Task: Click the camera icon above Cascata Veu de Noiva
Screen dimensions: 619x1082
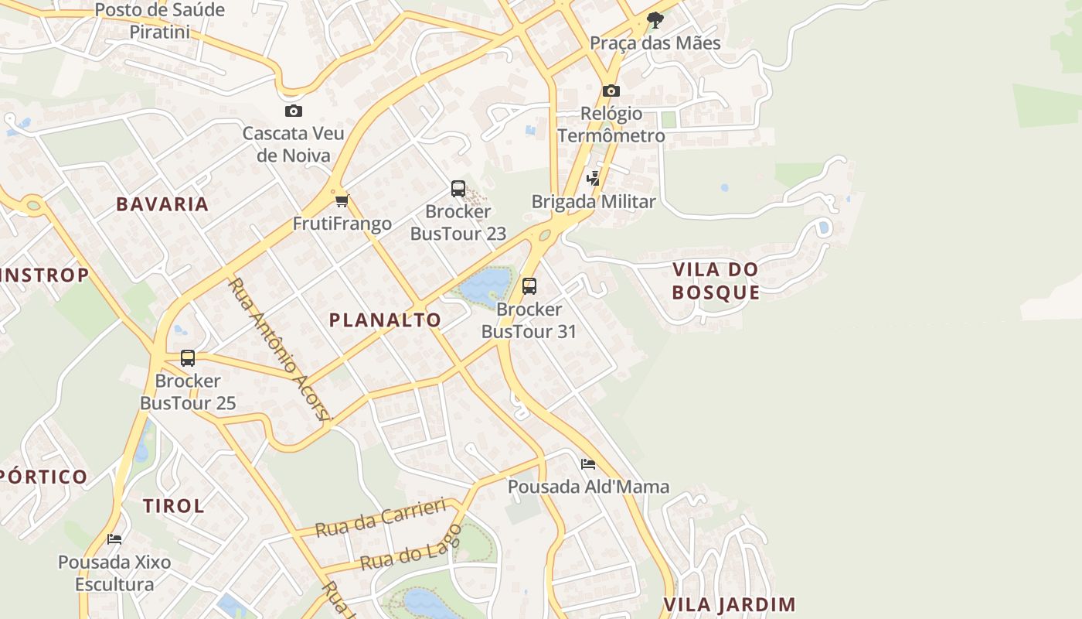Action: tap(294, 111)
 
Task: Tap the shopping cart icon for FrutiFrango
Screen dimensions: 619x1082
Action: tap(342, 201)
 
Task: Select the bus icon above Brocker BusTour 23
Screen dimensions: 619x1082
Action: tap(458, 189)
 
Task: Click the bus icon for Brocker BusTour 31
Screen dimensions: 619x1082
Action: tap(529, 286)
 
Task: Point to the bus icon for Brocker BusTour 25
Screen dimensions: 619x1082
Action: tap(188, 358)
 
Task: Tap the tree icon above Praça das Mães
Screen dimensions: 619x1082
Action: tap(655, 19)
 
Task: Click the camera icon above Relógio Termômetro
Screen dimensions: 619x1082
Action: tap(611, 91)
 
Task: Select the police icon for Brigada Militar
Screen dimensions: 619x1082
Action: tap(593, 179)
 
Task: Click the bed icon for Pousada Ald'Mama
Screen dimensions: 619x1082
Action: tap(588, 464)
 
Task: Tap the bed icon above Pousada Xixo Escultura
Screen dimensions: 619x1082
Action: tap(114, 539)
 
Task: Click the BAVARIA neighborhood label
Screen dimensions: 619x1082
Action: tap(162, 204)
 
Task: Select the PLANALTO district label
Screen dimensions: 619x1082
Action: tap(385, 320)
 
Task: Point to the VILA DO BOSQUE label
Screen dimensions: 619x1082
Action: tap(716, 281)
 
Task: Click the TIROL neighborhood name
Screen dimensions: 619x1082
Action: tap(174, 506)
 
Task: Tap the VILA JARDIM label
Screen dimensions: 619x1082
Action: tap(730, 604)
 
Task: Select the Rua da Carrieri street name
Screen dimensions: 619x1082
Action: tap(381, 519)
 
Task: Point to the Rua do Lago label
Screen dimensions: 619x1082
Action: tap(411, 548)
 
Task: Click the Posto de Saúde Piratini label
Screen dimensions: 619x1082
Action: tap(160, 21)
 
